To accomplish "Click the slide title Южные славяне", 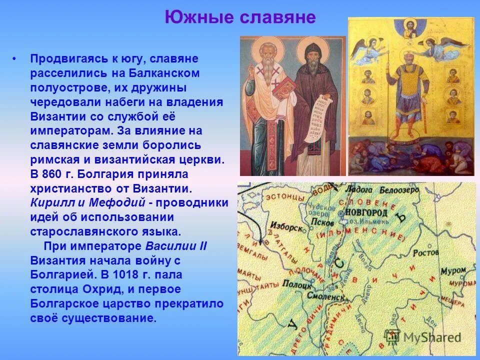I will point(240,18).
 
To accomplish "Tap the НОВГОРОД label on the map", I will point(366,212).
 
